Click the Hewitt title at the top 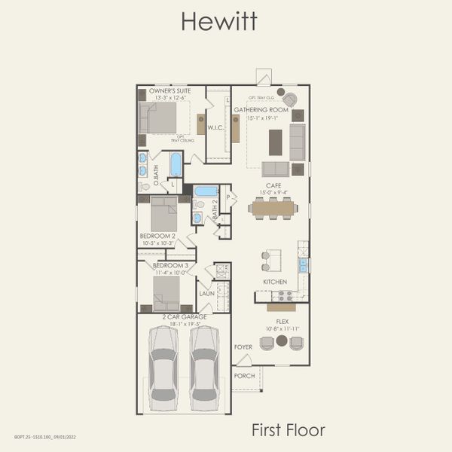coord(218,21)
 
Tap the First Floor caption coord(288,430)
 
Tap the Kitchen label coord(274,281)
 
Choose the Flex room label coord(282,321)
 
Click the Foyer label coord(243,347)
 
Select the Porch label coord(244,375)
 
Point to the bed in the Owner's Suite coord(158,118)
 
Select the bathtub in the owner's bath coord(176,163)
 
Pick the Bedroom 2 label coord(157,236)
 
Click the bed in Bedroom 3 coord(166,291)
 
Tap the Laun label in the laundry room coord(206,294)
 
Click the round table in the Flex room coord(282,341)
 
